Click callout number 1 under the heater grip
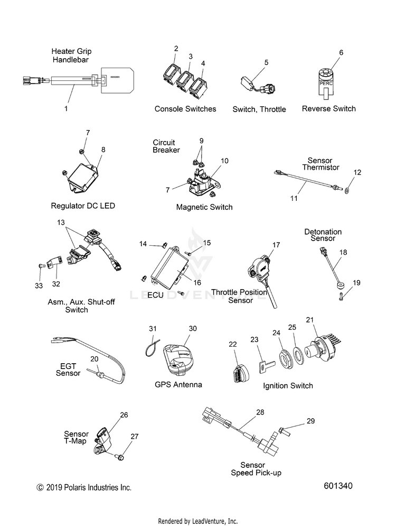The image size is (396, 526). (66, 108)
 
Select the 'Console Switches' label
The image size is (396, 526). (185, 109)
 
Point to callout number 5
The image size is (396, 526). (266, 62)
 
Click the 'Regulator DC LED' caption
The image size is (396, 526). (82, 206)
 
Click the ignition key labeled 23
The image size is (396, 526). (264, 366)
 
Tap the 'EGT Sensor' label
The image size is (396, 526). (68, 369)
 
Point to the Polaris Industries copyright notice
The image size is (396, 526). (83, 487)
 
